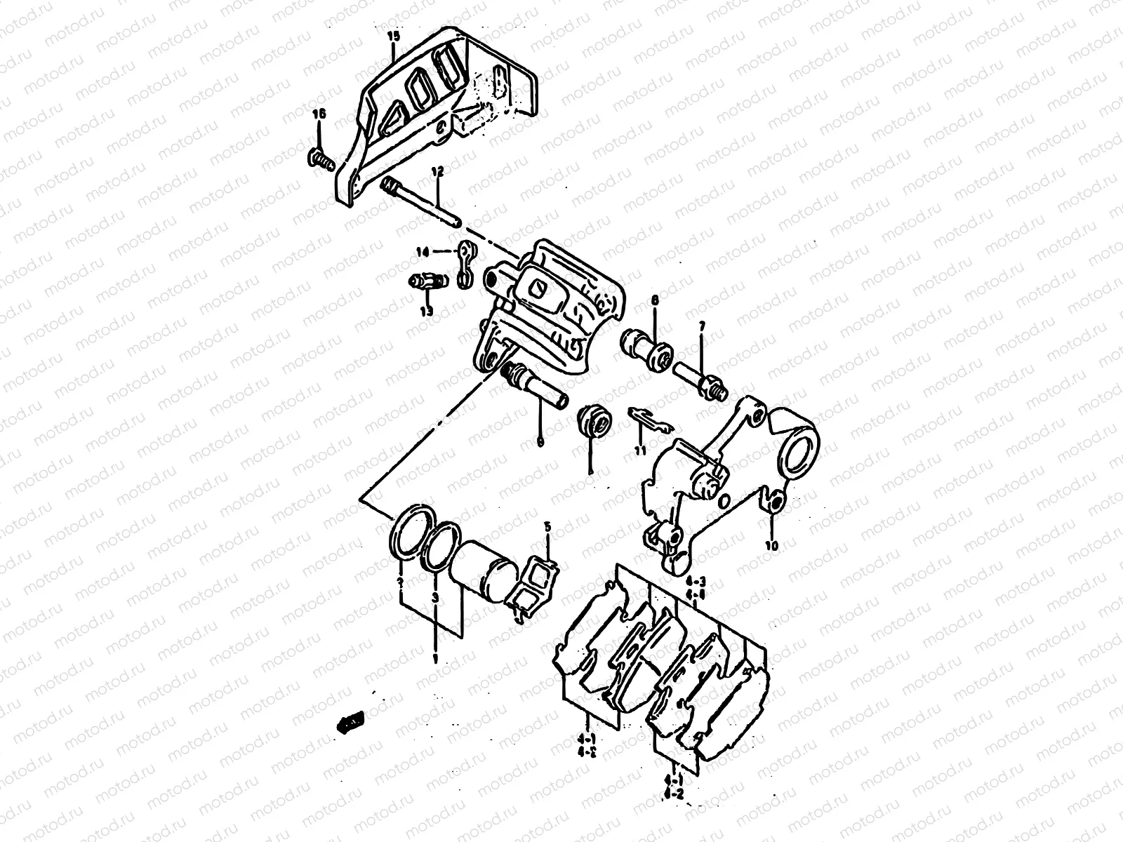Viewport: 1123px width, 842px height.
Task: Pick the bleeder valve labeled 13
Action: coord(425,282)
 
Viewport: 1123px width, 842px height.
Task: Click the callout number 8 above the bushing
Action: coord(655,300)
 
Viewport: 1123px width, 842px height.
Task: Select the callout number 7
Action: coord(700,327)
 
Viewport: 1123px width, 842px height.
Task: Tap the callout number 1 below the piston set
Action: coord(435,659)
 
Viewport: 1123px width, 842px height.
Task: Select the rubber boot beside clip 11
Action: coord(592,421)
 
